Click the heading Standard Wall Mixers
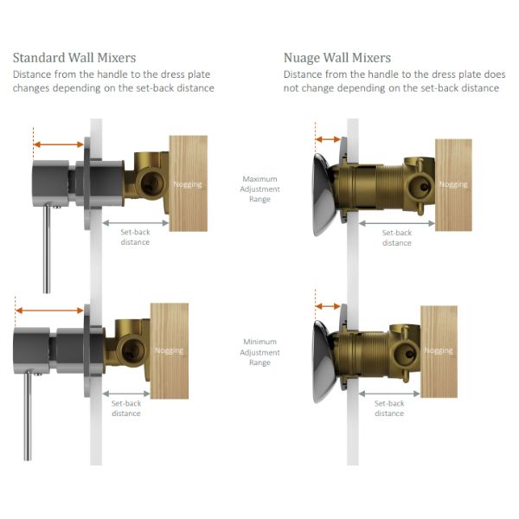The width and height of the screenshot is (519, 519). coord(74,58)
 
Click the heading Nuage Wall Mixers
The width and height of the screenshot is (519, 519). coord(336,58)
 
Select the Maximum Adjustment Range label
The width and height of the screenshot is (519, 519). coord(259,189)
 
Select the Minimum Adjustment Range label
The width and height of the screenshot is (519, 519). coord(259,352)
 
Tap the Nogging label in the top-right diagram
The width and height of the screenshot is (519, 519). coord(452,184)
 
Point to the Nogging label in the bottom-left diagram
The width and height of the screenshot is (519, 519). coord(169,350)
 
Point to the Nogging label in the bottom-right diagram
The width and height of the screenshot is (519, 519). coord(439,350)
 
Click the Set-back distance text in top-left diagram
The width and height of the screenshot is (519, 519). coord(135,237)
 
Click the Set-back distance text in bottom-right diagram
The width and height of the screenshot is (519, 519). coord(389,408)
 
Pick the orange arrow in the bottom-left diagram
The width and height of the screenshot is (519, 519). coord(50,311)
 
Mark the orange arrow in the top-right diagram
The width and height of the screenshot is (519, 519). coord(328,139)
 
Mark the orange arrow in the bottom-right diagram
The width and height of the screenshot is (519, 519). coord(328,305)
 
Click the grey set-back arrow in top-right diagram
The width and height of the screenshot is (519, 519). coord(396,223)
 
